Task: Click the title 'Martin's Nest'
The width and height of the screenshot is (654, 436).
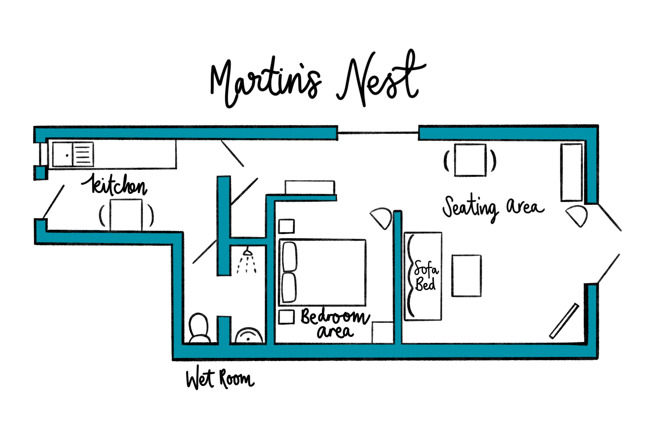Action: pos(317,81)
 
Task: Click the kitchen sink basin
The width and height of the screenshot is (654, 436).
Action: pos(63,155)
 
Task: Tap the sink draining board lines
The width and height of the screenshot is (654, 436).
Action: pos(83,155)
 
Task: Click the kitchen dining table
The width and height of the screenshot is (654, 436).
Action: pos(126,215)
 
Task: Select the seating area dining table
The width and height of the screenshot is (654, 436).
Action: pos(470,160)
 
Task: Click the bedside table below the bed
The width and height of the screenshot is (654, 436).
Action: pos(286,317)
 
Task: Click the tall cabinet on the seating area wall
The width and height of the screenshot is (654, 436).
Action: pos(571,172)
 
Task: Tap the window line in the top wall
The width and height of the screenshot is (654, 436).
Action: pos(378,133)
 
